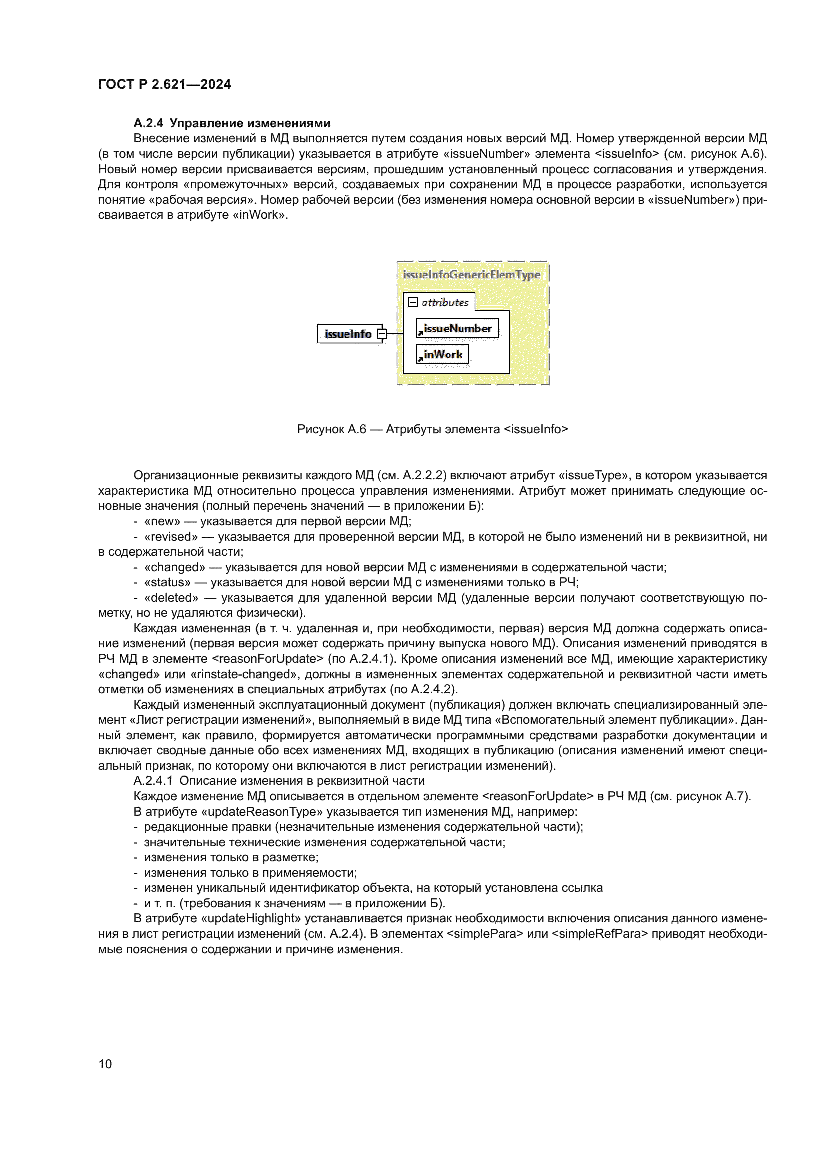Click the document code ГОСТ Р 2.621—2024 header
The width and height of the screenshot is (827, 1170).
click(164, 84)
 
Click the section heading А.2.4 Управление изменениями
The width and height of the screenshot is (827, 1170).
click(231, 123)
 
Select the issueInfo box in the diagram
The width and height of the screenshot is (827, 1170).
click(348, 334)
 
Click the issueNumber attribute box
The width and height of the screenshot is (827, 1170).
click(457, 329)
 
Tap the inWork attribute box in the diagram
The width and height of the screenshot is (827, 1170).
click(442, 354)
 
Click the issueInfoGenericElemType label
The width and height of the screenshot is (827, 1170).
click(471, 275)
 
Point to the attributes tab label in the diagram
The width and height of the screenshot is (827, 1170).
click(444, 302)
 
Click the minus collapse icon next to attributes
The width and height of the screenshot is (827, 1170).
click(413, 302)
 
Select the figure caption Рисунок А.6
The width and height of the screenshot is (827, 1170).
click(432, 429)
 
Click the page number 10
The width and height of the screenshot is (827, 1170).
click(105, 1064)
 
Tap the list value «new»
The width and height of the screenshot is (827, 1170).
click(162, 521)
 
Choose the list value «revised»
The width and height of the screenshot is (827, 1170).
click(171, 537)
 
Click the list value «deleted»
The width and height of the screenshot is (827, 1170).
click(171, 598)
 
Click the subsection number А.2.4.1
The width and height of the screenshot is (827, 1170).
click(153, 781)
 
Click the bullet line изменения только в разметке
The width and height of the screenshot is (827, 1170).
click(231, 858)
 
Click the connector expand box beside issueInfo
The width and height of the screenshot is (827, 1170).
click(382, 334)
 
